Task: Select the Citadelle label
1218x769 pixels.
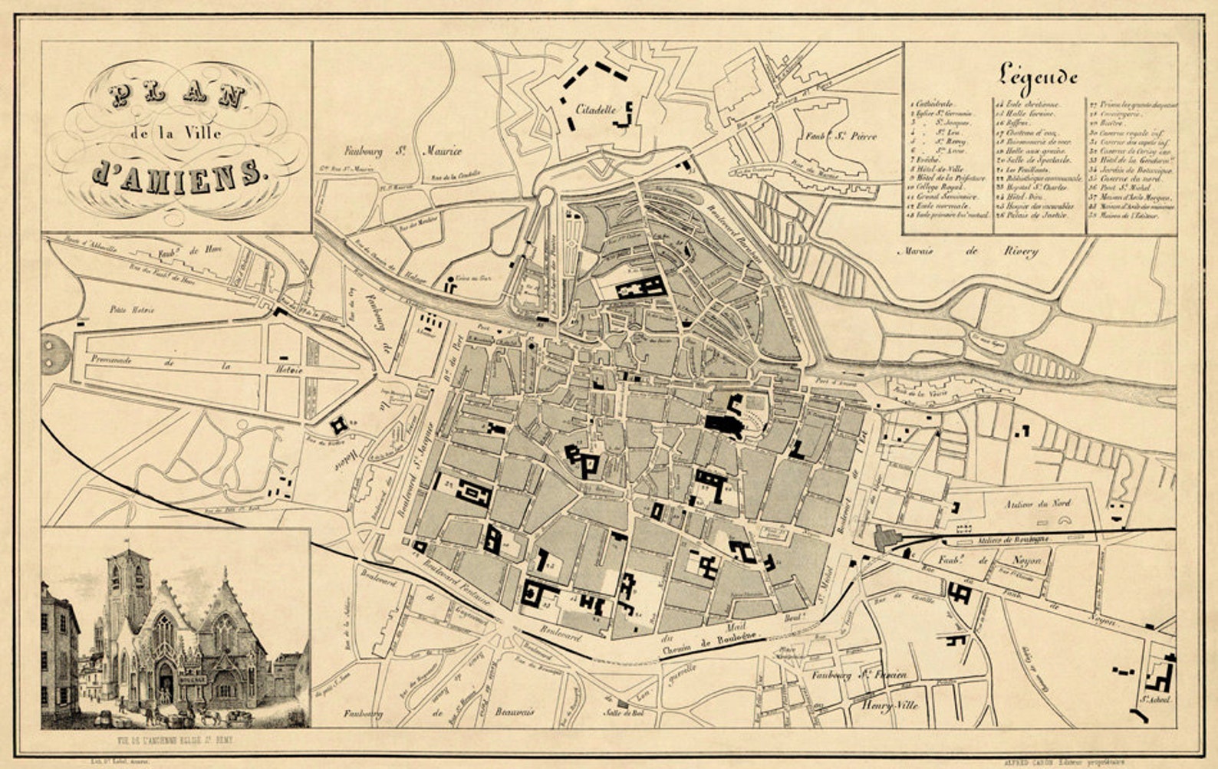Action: [x=596, y=110]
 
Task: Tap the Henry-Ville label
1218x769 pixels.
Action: [x=890, y=705]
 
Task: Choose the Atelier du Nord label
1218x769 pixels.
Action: [x=1037, y=504]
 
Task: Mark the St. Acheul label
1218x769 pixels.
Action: [x=1155, y=699]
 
